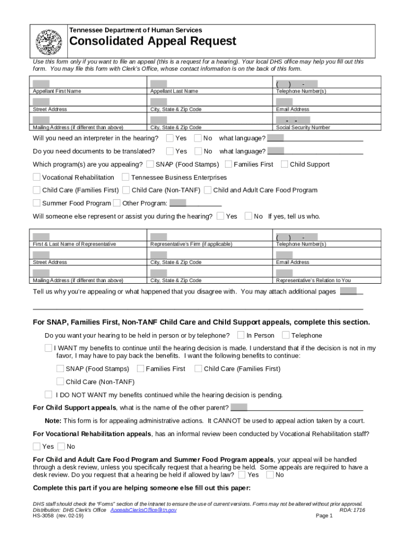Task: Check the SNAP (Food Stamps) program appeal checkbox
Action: pos(150,164)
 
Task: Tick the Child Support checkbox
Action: pos(284,164)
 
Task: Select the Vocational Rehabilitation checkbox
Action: pos(36,177)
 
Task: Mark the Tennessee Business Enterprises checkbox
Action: pos(126,177)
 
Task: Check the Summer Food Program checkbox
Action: pos(36,203)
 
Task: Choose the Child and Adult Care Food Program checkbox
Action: pos(208,190)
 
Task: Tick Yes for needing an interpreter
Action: pos(170,138)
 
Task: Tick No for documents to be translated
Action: pos(197,151)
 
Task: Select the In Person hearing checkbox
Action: pos(241,335)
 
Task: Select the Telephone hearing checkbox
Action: pos(286,335)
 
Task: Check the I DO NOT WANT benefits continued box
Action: pos(48,394)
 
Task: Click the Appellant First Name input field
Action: pos(41,84)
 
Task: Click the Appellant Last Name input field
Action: pos(159,84)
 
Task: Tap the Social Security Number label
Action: pos(303,128)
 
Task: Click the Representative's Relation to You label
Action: pos(313,281)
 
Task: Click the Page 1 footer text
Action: pos(324,516)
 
